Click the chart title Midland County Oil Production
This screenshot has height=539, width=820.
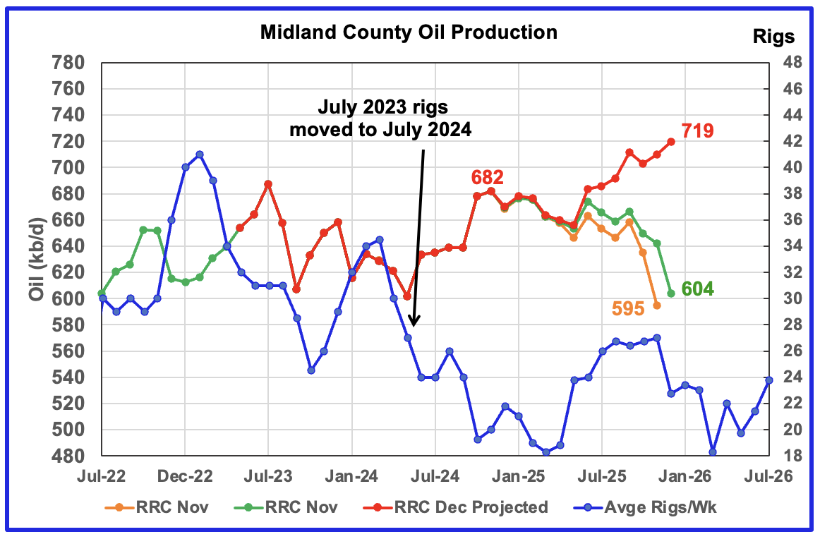(408, 32)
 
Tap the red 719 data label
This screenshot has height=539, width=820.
(698, 131)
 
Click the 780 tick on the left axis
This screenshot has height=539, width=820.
(66, 63)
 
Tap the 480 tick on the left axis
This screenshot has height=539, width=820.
(66, 456)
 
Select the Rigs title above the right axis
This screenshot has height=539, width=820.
(773, 37)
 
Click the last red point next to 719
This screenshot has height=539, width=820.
(671, 141)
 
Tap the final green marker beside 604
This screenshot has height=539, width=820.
(671, 293)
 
